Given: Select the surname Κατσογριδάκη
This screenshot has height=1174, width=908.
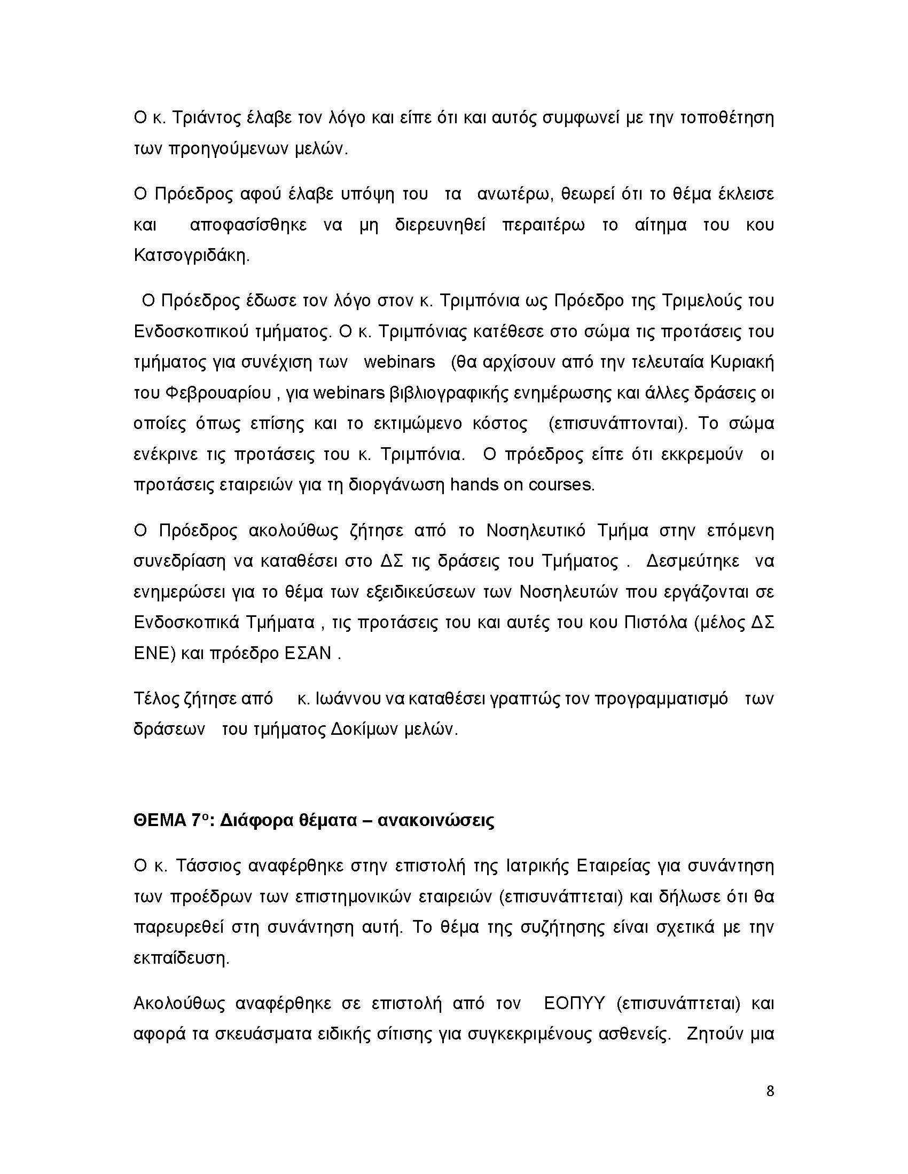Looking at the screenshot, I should point(191,256).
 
